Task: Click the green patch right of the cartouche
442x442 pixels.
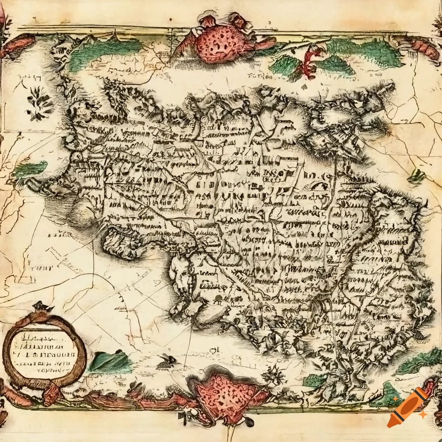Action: coord(110,362)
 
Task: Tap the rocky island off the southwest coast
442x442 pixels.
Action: coord(121,244)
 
